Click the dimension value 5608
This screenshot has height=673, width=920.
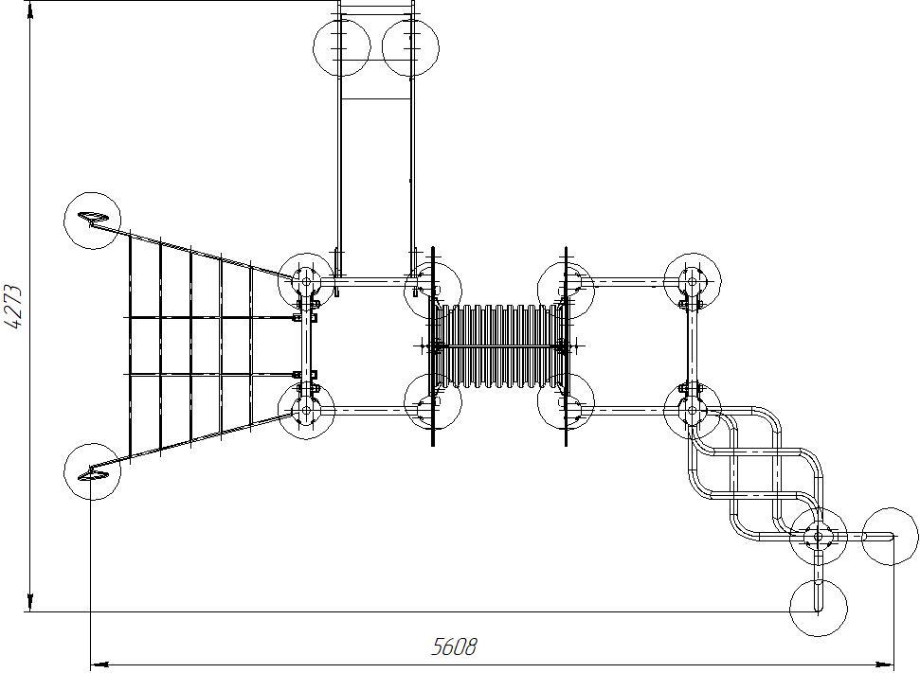pyautogui.click(x=455, y=646)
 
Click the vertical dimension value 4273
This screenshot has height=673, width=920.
pyautogui.click(x=14, y=305)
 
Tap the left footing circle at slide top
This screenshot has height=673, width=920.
pyautogui.click(x=342, y=46)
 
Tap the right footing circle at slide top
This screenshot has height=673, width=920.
pyautogui.click(x=410, y=46)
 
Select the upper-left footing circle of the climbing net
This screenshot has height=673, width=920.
pyautogui.click(x=92, y=221)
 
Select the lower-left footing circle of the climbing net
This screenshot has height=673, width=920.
pyautogui.click(x=92, y=470)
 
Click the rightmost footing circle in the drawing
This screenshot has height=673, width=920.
pyautogui.click(x=891, y=536)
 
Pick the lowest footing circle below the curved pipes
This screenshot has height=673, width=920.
pyautogui.click(x=818, y=609)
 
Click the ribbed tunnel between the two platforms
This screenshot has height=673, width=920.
pyautogui.click(x=499, y=347)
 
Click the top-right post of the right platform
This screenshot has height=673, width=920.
pyautogui.click(x=693, y=281)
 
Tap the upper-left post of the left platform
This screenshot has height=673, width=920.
pyautogui.click(x=306, y=281)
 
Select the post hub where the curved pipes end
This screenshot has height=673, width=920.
pyautogui.click(x=818, y=537)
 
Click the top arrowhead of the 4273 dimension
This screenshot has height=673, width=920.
pyautogui.click(x=30, y=8)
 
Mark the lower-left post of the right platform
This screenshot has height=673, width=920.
pyautogui.click(x=567, y=401)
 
